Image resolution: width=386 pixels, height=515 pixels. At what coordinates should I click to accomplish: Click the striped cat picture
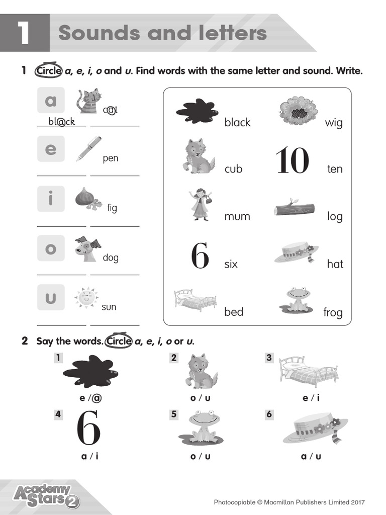[x=88, y=101]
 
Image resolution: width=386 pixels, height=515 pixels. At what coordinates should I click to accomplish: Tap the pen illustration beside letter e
[x=89, y=148]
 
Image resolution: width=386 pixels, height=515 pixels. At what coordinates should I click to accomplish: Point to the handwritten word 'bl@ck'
[x=61, y=121]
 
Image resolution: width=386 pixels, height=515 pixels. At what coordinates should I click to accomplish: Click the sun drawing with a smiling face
[x=86, y=297]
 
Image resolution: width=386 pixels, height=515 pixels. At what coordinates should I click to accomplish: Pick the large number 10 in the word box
[x=292, y=160]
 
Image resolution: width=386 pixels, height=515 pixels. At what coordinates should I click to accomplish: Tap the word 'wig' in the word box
[x=334, y=122]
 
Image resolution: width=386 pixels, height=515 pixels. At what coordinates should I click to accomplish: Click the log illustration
[x=294, y=208]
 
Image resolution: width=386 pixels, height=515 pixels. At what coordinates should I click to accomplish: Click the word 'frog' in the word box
[x=333, y=312]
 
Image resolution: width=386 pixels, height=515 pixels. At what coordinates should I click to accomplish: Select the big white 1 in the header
[x=25, y=33]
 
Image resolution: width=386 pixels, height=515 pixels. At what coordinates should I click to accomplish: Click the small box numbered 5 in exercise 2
[x=174, y=414]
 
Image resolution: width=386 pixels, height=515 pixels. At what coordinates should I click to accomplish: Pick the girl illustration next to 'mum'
[x=200, y=204]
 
